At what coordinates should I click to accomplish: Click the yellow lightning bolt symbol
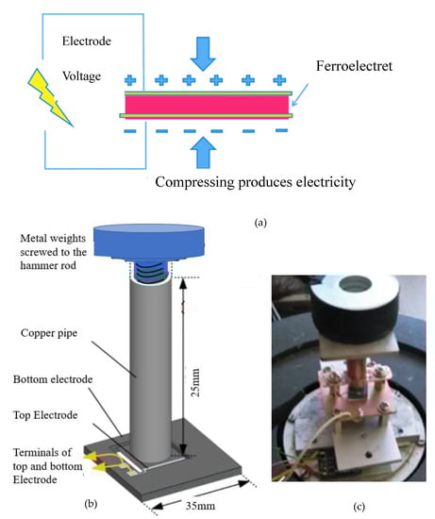(x=50, y=97)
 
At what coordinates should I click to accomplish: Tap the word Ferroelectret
(x=354, y=66)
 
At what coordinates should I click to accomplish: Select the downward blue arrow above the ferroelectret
(x=203, y=54)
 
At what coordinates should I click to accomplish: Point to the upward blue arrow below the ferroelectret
(x=203, y=153)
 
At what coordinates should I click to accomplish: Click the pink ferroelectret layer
(x=208, y=105)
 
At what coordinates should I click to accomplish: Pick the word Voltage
(x=82, y=76)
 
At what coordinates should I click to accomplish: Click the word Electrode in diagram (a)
(x=87, y=41)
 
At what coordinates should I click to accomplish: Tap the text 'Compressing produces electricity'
(x=255, y=182)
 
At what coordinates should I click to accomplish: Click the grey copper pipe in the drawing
(x=151, y=369)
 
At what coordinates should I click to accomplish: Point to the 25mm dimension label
(x=195, y=382)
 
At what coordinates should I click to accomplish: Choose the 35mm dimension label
(x=200, y=506)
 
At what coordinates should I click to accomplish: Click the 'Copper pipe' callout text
(x=49, y=333)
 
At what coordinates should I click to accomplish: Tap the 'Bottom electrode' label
(x=53, y=379)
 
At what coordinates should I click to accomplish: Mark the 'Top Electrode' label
(x=45, y=415)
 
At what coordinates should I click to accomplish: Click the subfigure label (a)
(x=260, y=223)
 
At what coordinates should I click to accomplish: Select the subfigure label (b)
(x=91, y=504)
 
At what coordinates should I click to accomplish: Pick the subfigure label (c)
(x=359, y=507)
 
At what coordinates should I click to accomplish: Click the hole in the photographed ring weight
(x=355, y=284)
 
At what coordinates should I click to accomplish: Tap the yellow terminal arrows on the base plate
(x=99, y=461)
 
